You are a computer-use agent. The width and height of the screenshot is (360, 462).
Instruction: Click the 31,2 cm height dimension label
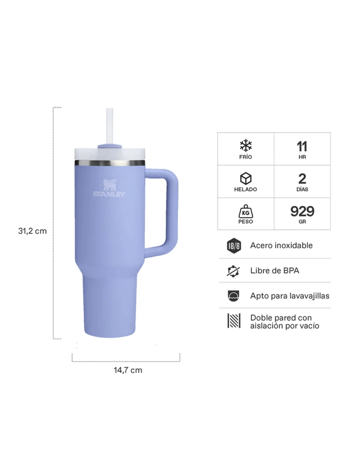(32, 231)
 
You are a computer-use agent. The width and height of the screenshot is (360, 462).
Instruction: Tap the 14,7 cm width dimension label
(128, 370)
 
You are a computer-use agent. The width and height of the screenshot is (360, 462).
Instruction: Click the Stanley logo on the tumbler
(109, 188)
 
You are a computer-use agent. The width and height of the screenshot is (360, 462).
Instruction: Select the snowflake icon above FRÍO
(246, 145)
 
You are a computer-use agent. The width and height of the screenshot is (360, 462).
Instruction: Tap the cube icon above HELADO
(246, 179)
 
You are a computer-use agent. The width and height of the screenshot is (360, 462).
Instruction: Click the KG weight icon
(246, 212)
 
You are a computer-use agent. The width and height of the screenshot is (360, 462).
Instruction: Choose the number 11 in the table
(302, 146)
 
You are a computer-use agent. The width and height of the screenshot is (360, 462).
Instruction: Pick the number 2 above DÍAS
(302, 179)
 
